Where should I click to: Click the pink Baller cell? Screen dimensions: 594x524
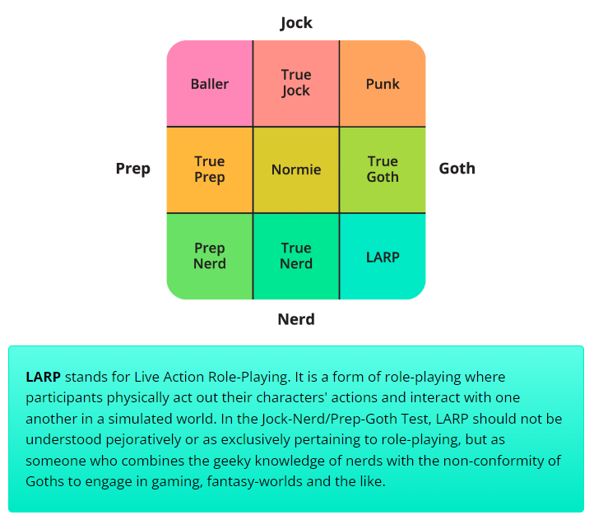(210, 84)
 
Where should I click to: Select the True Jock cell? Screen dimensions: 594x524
(296, 83)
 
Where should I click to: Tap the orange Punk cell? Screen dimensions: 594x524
(383, 84)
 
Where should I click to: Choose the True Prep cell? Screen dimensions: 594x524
(210, 169)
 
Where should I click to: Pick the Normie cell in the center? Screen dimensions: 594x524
(296, 169)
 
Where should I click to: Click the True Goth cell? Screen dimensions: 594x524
(383, 169)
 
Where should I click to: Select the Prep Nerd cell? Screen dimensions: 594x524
(210, 256)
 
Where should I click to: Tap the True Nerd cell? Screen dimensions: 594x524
(296, 256)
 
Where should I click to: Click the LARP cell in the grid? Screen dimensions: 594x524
(383, 257)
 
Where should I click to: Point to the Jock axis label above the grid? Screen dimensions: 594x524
(296, 22)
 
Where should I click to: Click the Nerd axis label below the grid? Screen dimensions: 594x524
(296, 319)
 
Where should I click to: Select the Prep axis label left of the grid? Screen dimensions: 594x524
(133, 169)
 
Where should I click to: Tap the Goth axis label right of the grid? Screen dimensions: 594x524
(457, 169)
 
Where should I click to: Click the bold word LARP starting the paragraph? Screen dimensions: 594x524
(44, 377)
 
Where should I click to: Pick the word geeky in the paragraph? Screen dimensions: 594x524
(183, 460)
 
